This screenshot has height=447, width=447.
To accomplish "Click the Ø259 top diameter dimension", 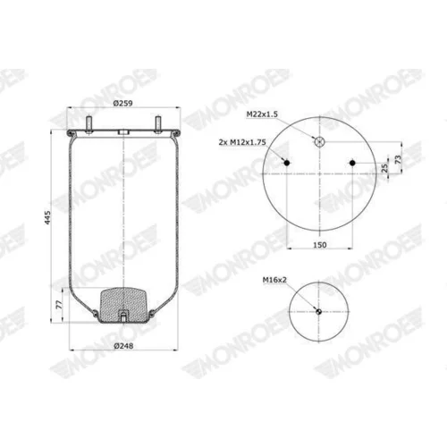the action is (x=123, y=103).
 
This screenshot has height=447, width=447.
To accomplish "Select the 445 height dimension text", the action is (x=47, y=217).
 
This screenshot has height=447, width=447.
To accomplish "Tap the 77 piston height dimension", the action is (x=60, y=304).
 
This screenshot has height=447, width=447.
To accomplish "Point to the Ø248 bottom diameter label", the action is (x=123, y=346).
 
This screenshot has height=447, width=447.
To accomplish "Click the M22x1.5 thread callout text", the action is (x=262, y=114).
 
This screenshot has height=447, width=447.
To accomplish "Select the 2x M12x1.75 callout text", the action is (x=242, y=142).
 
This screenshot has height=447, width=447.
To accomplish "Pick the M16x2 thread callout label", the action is (x=274, y=280).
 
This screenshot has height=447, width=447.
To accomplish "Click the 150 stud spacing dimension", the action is (x=320, y=245).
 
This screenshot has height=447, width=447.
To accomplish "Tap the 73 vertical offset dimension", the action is (x=398, y=159).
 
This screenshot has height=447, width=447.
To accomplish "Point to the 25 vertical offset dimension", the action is (x=384, y=168).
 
